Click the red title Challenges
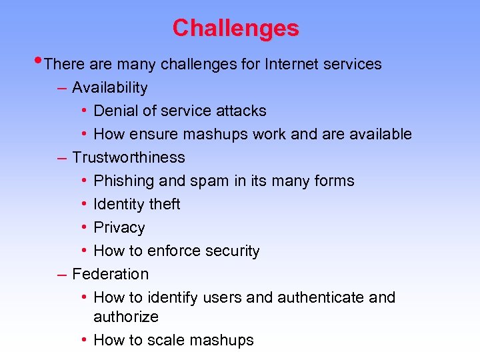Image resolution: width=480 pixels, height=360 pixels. tap(235, 28)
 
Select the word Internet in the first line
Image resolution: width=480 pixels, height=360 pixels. tap(290, 65)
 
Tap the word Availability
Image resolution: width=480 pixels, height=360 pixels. tap(109, 88)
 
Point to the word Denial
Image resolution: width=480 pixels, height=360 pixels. tap(115, 111)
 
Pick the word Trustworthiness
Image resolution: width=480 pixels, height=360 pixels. tap(128, 158)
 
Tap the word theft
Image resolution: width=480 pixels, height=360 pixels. tap(163, 205)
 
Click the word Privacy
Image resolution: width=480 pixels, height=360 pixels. tap(119, 228)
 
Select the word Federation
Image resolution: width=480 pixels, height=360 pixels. tap(110, 274)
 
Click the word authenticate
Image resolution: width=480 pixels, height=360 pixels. tap(317, 297)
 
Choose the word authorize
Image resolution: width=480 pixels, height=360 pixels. tap(125, 317)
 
